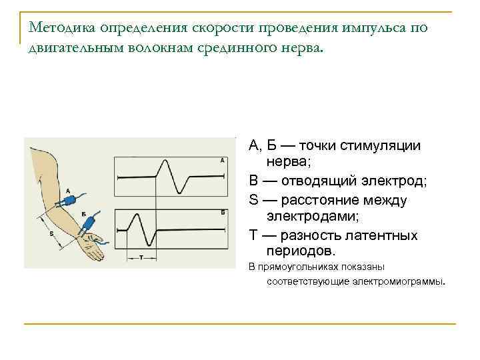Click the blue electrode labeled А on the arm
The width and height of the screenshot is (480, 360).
pos(70,199)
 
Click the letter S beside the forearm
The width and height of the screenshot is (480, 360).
pos(51,233)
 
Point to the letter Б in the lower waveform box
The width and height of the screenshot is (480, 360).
pos(221,211)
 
